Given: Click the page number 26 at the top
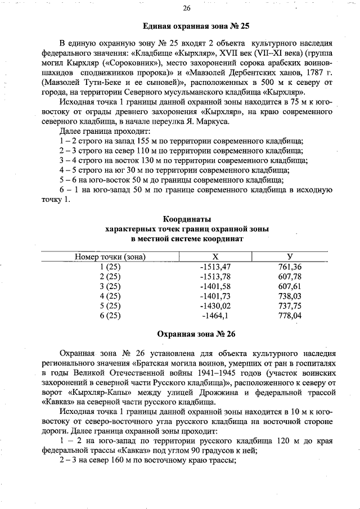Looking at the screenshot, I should coord(187,8).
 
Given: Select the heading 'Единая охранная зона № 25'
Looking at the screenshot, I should coord(196,26).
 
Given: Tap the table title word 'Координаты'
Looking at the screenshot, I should coord(187,219).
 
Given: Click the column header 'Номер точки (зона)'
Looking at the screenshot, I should coord(110,256).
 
